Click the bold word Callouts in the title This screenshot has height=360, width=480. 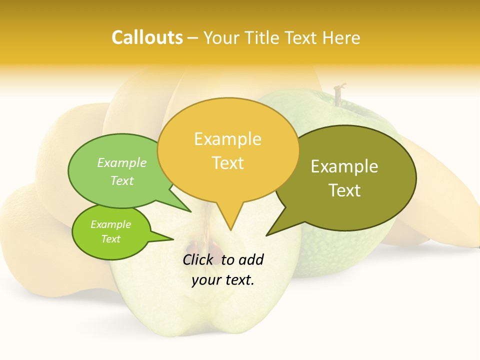tap(147, 37)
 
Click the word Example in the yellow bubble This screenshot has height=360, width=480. tap(227, 139)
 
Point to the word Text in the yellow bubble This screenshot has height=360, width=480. tap(228, 163)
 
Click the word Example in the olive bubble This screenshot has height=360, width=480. tap(344, 166)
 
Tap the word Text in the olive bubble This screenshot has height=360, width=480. tap(344, 190)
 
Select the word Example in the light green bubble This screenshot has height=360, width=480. tap(122, 162)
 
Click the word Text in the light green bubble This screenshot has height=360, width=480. tap(122, 180)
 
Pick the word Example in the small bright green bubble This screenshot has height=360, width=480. tap(110, 224)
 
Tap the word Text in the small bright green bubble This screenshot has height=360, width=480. tap(110, 239)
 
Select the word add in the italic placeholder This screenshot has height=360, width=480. tap(251, 259)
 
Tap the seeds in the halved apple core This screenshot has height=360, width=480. tap(205, 248)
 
